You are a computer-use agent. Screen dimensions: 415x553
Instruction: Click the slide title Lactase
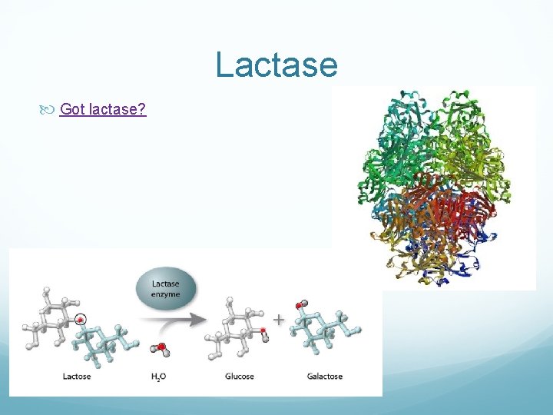click(276, 65)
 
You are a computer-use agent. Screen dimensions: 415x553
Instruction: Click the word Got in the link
click(72, 109)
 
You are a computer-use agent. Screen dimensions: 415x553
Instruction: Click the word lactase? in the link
click(118, 109)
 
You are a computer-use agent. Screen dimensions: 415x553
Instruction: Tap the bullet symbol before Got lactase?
click(49, 110)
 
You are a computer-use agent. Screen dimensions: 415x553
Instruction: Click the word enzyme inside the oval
click(167, 294)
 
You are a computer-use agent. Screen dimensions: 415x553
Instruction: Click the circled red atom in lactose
click(80, 320)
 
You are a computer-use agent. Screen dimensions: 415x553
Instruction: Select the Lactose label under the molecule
click(77, 377)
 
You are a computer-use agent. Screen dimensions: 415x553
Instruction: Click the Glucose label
click(240, 377)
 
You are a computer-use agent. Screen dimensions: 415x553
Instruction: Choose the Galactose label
click(324, 377)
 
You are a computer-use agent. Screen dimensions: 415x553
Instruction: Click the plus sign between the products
click(277, 318)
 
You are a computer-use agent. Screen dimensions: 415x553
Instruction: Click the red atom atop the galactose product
click(304, 304)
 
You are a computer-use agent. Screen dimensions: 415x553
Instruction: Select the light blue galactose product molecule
click(326, 330)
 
